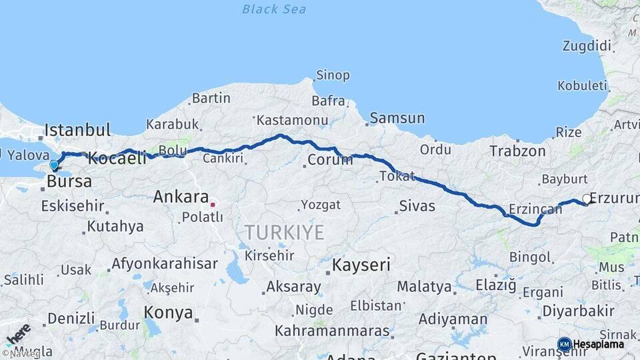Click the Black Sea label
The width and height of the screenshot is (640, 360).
pyautogui.click(x=274, y=9)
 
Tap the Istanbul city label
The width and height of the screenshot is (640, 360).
pyautogui.click(x=77, y=129)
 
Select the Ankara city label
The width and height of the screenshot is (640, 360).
pyautogui.click(x=181, y=197)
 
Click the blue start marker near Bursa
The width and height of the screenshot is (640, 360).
pyautogui.click(x=54, y=164)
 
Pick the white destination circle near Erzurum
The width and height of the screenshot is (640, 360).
pyautogui.click(x=586, y=198)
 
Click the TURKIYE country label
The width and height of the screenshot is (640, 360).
pyautogui.click(x=284, y=233)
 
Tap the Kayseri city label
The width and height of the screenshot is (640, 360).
pyautogui.click(x=361, y=265)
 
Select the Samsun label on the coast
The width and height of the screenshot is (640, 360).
pyautogui.click(x=397, y=118)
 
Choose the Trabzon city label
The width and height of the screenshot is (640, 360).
pyautogui.click(x=517, y=151)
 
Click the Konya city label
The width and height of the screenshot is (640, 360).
pyautogui.click(x=169, y=313)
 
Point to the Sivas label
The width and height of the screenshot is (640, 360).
pyautogui.click(x=417, y=206)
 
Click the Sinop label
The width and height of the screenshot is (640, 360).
pyautogui.click(x=332, y=75)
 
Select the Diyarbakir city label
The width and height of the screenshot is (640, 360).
pyautogui.click(x=577, y=311)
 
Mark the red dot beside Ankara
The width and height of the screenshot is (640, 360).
pyautogui.click(x=213, y=204)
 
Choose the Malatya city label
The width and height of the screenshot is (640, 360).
pyautogui.click(x=424, y=287)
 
